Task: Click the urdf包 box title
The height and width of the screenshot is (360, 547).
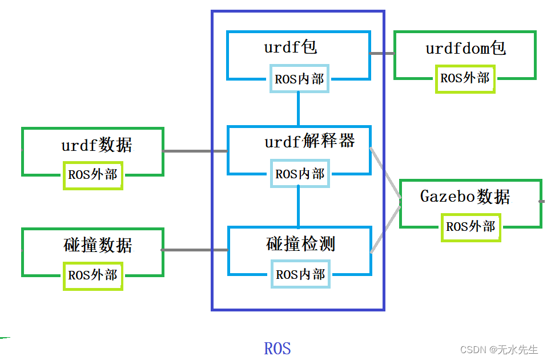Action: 290,47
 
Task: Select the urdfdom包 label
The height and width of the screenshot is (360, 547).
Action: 465,48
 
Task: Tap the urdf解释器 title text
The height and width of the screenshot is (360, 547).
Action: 309,141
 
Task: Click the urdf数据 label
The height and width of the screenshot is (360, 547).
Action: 96,145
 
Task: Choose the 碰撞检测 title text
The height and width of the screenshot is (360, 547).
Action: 300,244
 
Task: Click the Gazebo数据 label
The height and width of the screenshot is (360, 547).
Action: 465,197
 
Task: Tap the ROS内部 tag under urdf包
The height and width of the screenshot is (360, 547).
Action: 299,79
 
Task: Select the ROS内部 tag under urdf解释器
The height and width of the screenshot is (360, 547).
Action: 299,174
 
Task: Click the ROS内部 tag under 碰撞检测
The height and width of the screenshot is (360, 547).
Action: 300,274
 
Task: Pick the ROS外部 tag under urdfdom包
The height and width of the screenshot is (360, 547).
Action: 465,78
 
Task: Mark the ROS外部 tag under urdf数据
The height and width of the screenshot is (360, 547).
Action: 92,174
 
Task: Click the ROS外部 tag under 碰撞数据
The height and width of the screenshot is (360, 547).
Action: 92,275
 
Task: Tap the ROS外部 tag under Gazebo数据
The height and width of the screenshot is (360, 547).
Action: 470,226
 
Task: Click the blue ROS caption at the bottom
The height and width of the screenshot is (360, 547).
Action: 277,348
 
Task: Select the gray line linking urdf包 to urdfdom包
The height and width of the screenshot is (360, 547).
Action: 381,53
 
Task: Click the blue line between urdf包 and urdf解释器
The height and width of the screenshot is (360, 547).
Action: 298,109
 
